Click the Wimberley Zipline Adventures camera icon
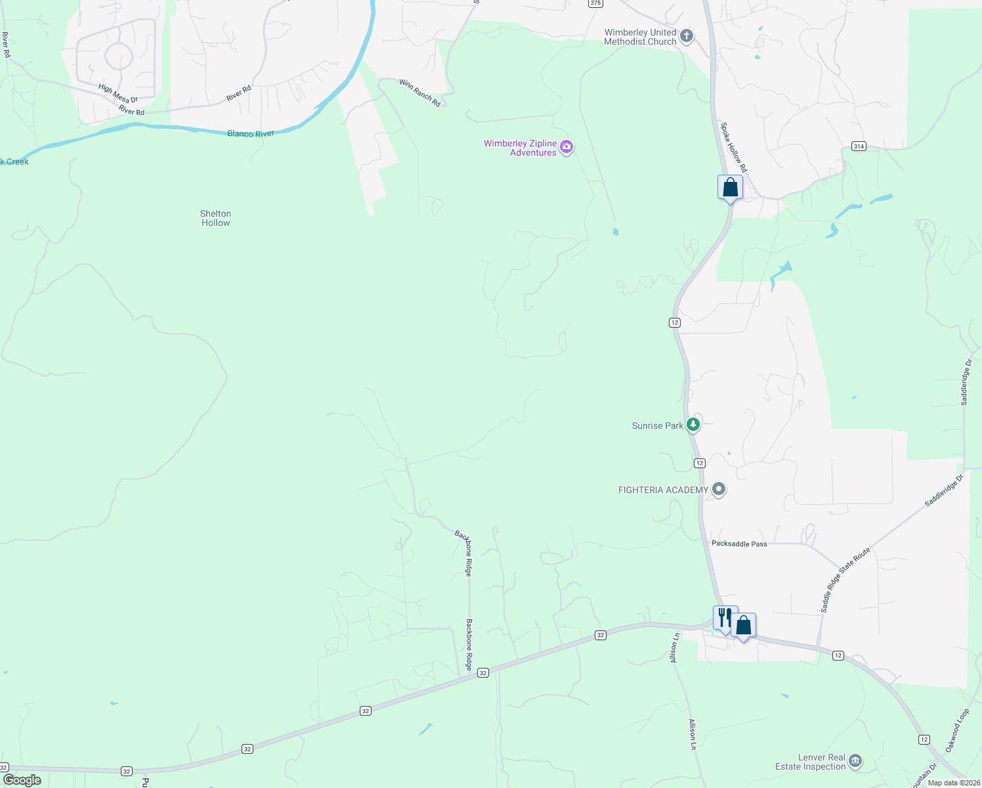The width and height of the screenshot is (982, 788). [566, 148]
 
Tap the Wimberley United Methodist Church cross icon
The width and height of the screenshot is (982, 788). [687, 36]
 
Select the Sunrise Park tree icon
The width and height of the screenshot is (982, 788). [693, 425]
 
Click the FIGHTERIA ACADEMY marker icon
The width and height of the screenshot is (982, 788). [719, 489]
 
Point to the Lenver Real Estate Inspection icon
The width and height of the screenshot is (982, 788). [855, 761]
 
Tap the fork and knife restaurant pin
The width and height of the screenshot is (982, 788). [725, 618]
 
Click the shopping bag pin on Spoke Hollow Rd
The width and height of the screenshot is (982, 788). [730, 188]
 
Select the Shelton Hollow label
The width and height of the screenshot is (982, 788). [215, 218]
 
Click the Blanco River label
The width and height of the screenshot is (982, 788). [250, 133]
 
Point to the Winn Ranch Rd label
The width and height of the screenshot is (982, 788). [419, 93]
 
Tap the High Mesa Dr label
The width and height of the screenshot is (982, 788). [118, 93]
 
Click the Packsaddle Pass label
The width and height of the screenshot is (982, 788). [739, 544]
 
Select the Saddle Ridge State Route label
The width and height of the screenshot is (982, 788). [845, 580]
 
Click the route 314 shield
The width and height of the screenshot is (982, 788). [859, 146]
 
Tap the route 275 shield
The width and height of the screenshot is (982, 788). [595, 3]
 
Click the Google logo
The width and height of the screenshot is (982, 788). [22, 780]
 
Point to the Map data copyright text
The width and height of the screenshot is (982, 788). [954, 782]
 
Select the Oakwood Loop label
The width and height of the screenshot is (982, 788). [957, 730]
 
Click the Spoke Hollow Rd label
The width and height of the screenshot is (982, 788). [733, 147]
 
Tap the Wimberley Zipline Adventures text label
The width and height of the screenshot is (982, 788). [520, 148]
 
